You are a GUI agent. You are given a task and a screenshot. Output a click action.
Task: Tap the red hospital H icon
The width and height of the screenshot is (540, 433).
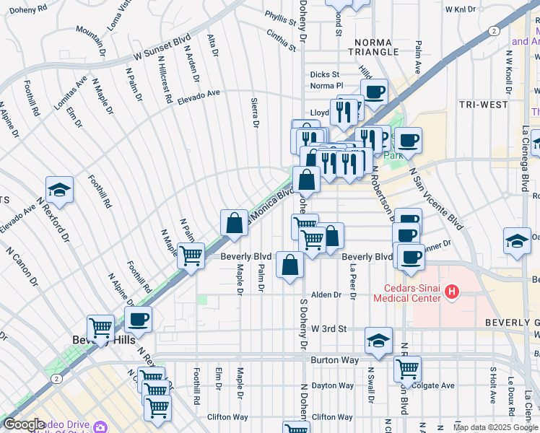(452, 292)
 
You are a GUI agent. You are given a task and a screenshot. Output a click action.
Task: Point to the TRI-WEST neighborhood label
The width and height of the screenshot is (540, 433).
(483, 105)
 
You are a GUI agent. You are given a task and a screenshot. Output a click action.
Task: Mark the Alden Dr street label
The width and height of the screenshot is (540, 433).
(326, 294)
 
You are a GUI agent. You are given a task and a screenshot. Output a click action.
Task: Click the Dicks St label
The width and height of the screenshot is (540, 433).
(324, 74)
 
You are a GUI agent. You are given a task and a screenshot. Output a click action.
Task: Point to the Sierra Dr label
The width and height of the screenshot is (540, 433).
(254, 113)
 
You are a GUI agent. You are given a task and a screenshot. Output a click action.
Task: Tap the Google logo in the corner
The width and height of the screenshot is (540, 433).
(24, 424)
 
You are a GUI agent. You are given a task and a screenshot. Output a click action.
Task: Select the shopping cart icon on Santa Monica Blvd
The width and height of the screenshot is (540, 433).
(191, 256)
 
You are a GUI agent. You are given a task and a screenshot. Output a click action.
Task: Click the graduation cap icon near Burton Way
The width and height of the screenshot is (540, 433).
(378, 341)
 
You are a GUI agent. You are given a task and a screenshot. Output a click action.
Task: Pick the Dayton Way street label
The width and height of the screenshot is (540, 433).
(334, 385)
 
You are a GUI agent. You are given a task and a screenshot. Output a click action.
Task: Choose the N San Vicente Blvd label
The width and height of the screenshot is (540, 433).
(435, 195)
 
